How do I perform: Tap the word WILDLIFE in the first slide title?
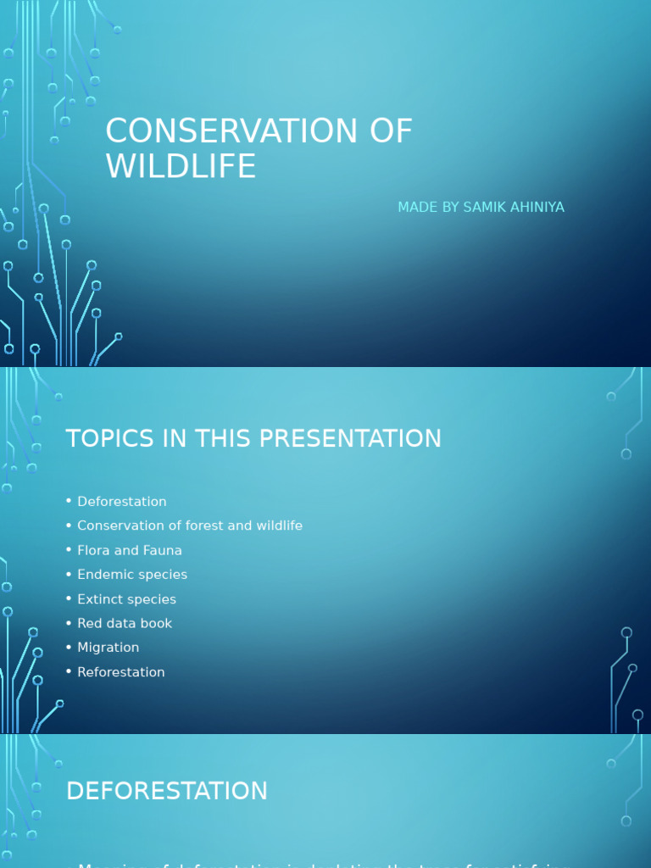[x=181, y=166]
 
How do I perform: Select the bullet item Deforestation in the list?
[x=121, y=502]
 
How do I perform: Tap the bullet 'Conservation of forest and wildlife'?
[x=189, y=526]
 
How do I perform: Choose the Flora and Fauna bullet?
[x=129, y=550]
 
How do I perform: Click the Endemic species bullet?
[x=131, y=575]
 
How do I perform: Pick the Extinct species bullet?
[x=126, y=599]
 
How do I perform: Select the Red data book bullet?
[x=124, y=623]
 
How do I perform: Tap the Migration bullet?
[x=108, y=648]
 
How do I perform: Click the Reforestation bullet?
[x=120, y=672]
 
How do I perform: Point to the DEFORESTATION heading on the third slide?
[x=167, y=792]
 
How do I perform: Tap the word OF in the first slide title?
[x=391, y=131]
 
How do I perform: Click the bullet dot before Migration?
[x=69, y=648]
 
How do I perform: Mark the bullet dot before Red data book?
[x=69, y=623]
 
